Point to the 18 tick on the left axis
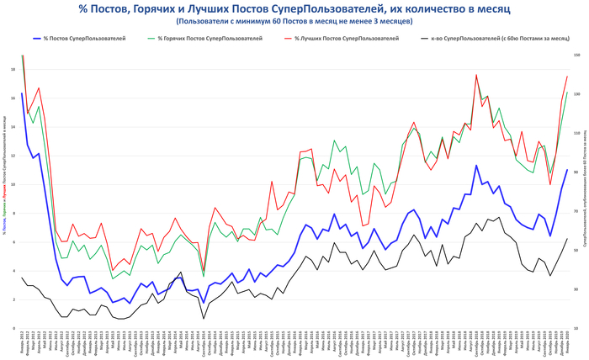point(12,69)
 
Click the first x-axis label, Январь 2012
point(22,342)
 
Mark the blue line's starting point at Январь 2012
point(22,93)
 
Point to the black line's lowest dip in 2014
point(204,318)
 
